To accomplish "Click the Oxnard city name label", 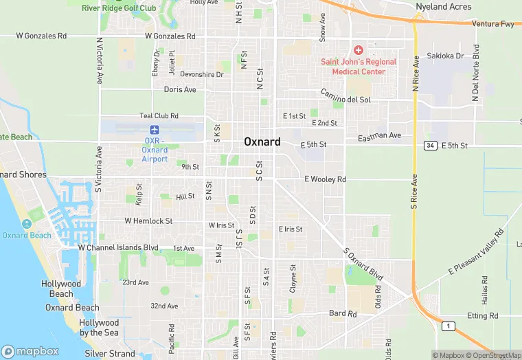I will (x=262, y=142).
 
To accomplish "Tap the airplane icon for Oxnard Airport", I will (x=155, y=130).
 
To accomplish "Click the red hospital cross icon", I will (x=358, y=50).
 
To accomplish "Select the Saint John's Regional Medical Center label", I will (x=359, y=66).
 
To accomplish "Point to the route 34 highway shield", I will (x=431, y=146).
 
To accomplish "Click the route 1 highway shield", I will (x=449, y=326).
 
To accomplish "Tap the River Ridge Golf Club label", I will (x=119, y=8).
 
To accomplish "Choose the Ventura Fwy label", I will (x=493, y=24).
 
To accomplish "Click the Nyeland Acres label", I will (x=444, y=7).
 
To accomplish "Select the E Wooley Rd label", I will (x=325, y=179).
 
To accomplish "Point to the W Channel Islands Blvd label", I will (x=118, y=247).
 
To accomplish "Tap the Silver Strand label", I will (x=110, y=353).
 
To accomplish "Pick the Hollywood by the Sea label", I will (x=99, y=328).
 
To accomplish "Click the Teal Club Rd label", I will (x=159, y=116).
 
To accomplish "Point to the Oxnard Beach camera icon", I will (x=27, y=224).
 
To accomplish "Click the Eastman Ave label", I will (x=380, y=135).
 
